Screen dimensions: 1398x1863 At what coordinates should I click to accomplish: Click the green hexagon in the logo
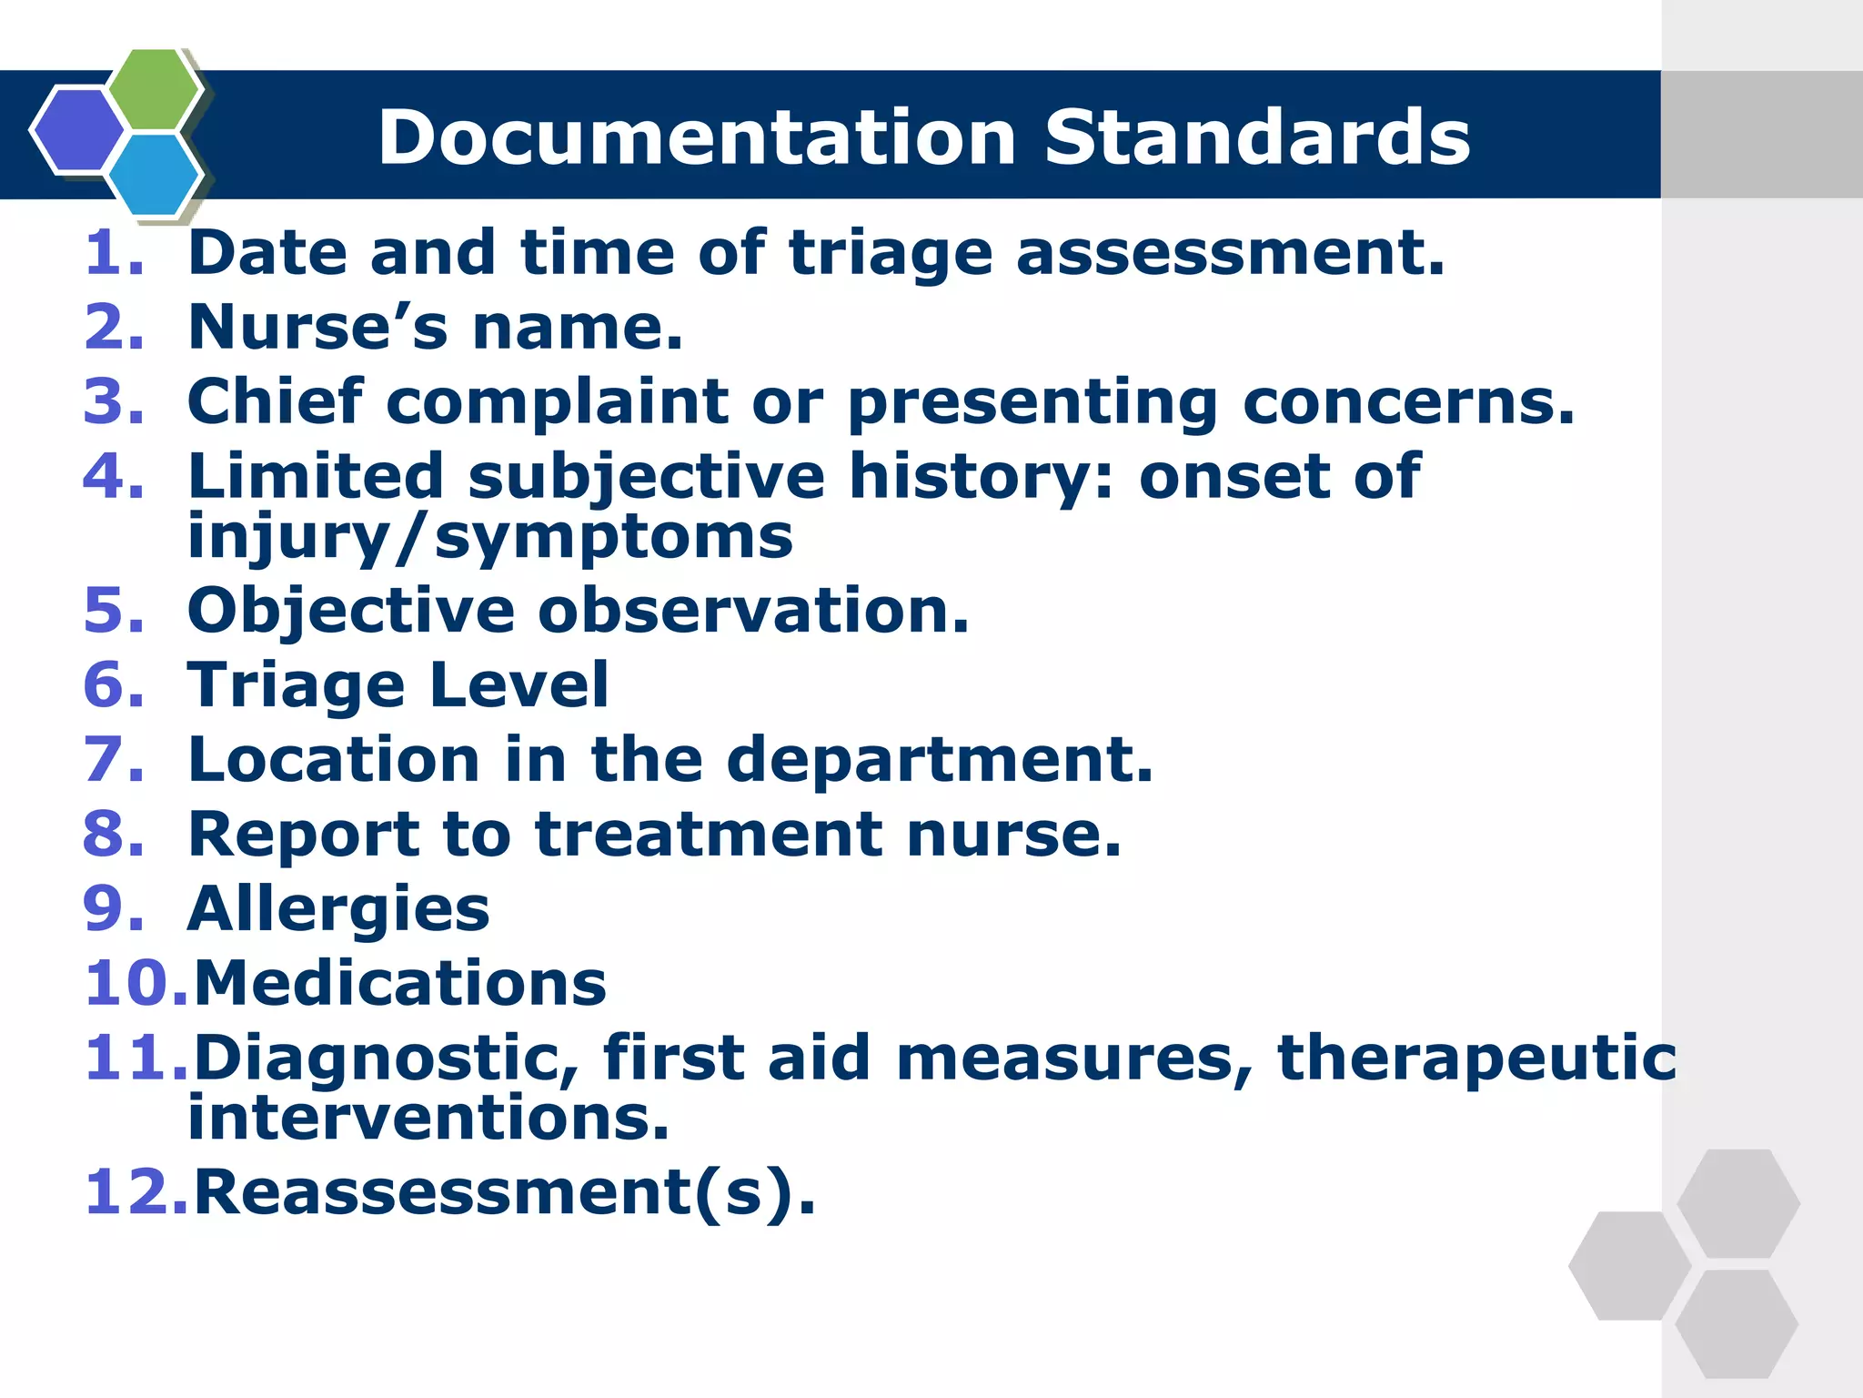coord(155,90)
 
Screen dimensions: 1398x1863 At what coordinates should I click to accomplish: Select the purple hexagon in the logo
coord(78,129)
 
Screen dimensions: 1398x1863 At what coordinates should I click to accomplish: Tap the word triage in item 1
coord(890,254)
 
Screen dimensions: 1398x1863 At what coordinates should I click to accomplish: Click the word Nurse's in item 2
coord(317,327)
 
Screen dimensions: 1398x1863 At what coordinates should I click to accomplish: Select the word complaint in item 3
coord(558,403)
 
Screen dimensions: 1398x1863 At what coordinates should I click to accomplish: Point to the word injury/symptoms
coord(489,538)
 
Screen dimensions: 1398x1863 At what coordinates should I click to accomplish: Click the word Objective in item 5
coord(350,612)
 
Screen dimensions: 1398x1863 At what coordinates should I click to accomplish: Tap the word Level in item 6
coord(519,684)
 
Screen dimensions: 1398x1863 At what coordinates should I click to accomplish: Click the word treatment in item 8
coord(709,835)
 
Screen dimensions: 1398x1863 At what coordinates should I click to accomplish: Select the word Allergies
coord(337,910)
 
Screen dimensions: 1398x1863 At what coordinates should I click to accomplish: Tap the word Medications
coord(400,984)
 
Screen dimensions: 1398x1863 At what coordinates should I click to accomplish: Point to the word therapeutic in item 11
coord(1475,1059)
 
